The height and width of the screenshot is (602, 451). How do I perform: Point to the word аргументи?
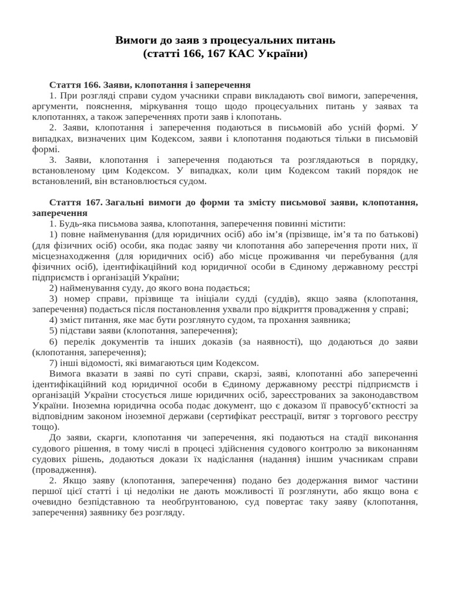coord(55,106)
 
